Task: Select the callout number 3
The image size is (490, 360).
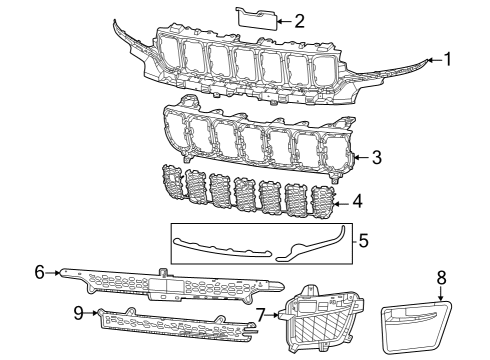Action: tap(376, 157)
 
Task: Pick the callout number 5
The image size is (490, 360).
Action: tap(363, 240)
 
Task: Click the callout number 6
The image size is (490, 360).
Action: tap(39, 271)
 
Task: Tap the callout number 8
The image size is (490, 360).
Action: tap(441, 276)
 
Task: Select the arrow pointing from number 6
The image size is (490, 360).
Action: tap(52, 271)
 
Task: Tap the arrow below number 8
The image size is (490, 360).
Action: tap(441, 292)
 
